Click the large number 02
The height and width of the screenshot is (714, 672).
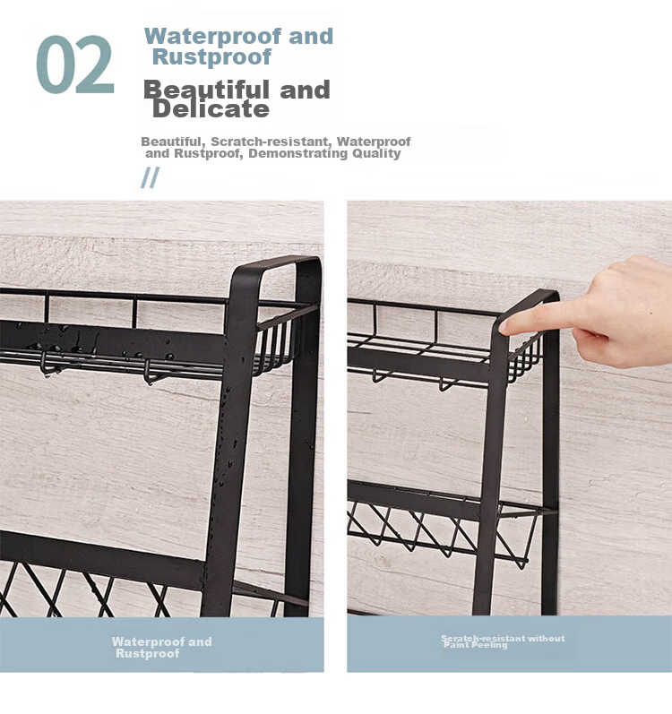74,65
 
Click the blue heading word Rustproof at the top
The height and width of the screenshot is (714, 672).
211,57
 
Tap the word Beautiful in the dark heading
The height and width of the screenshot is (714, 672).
206,90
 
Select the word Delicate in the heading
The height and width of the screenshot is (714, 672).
211,109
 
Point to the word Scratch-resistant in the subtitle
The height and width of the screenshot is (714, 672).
269,142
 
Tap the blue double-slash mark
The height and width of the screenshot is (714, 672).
150,177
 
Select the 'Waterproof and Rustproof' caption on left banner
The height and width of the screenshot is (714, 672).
161,648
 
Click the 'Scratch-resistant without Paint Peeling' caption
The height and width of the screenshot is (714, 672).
503,641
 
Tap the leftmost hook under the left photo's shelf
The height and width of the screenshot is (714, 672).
46,366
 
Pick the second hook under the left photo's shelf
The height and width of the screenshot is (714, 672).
150,374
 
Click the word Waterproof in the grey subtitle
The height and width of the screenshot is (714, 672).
374,142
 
